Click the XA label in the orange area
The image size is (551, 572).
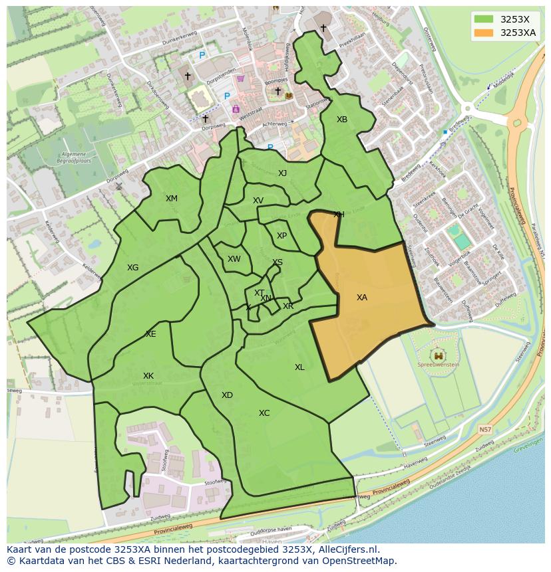pos(361,298)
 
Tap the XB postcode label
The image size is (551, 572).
pos(341,120)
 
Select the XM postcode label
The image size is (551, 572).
pos(172,199)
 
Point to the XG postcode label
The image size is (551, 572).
pos(133,268)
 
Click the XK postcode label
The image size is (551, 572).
pos(148,376)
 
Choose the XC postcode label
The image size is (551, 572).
pos(264,413)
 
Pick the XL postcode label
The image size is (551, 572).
pos(299,367)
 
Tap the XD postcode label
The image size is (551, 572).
pos(227,395)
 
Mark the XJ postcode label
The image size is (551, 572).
pos(282,173)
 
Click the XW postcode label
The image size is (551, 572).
pos(234,260)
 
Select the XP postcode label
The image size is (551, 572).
pos(281,236)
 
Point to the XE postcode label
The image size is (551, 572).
pos(150,334)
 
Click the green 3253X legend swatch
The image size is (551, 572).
pos(484,19)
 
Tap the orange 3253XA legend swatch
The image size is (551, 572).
pos(484,33)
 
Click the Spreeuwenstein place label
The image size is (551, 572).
pos(437,365)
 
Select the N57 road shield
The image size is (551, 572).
pos(485,430)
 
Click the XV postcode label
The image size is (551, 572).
pos(258,201)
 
